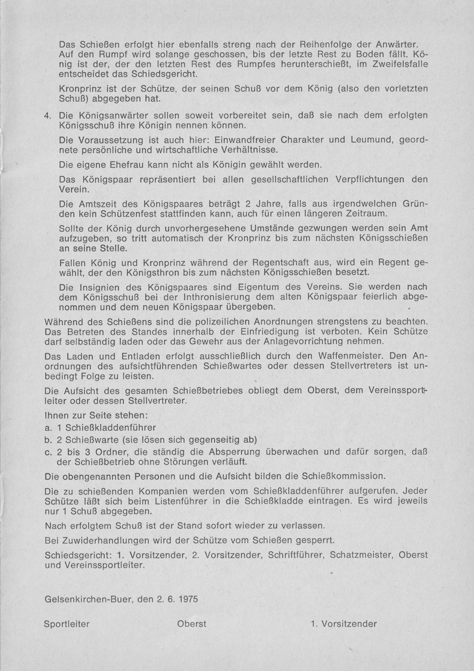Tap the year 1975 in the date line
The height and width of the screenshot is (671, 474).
[x=186, y=597]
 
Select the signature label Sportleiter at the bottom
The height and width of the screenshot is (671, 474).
[x=67, y=624]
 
